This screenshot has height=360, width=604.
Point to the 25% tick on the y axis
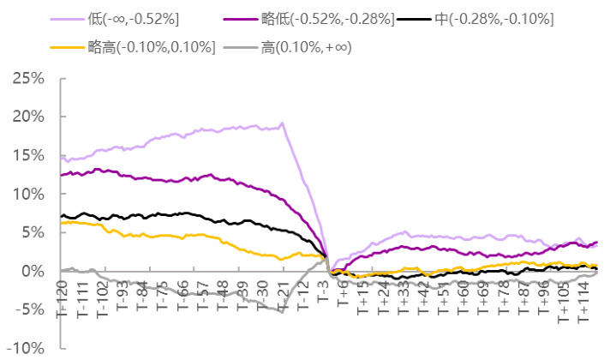click(x=27, y=78)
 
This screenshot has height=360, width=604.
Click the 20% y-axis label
click(x=27, y=117)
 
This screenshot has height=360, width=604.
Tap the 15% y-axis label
click(x=27, y=155)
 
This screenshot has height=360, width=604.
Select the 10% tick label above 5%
click(x=27, y=194)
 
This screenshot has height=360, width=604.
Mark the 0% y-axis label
click(x=33, y=271)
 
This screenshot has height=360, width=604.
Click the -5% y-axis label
click(x=27, y=309)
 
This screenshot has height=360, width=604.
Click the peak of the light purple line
click(x=283, y=123)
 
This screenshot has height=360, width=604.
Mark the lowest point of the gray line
click(x=282, y=311)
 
